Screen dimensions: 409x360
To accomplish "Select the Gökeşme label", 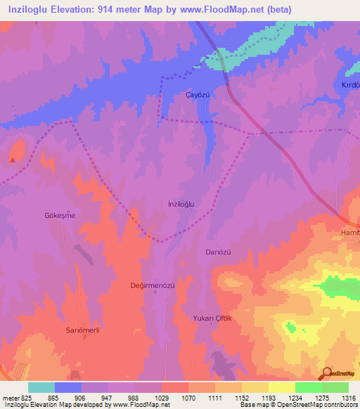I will (60, 215).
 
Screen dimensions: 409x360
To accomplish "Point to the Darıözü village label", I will (218, 252).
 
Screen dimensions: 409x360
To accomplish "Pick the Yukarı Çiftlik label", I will (212, 318).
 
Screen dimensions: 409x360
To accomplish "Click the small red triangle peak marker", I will (12, 160).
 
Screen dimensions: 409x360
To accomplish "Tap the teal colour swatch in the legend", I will (41, 387).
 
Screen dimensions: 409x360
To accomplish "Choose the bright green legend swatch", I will (308, 387).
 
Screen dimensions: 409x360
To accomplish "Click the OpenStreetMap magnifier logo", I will (325, 374).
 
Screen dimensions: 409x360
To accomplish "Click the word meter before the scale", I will (10, 397).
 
